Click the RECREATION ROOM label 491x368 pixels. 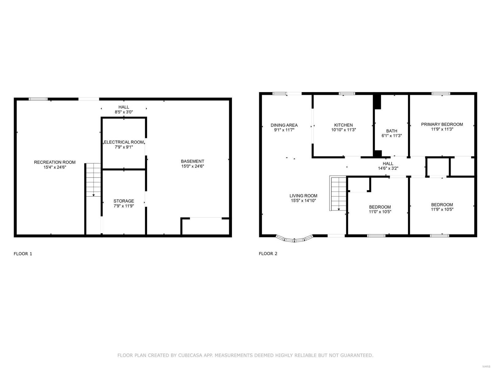[x=55, y=162]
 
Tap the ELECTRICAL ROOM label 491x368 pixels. [x=124, y=142]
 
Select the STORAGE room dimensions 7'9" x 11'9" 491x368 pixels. [x=124, y=206]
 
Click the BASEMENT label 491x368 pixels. [x=192, y=161]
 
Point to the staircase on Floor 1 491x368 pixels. [x=93, y=180]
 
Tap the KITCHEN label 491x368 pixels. [x=343, y=125]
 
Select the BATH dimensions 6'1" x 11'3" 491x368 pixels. [x=392, y=136]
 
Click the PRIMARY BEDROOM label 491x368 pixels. [x=442, y=124]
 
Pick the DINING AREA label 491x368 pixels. [x=284, y=125]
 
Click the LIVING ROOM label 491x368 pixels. [x=303, y=196]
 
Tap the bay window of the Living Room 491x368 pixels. [x=294, y=239]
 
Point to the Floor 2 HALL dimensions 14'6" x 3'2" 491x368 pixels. [x=388, y=168]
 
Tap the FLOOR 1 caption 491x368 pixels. [x=23, y=254]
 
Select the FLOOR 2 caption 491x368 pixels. [x=268, y=254]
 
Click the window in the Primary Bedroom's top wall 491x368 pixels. [x=441, y=93]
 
